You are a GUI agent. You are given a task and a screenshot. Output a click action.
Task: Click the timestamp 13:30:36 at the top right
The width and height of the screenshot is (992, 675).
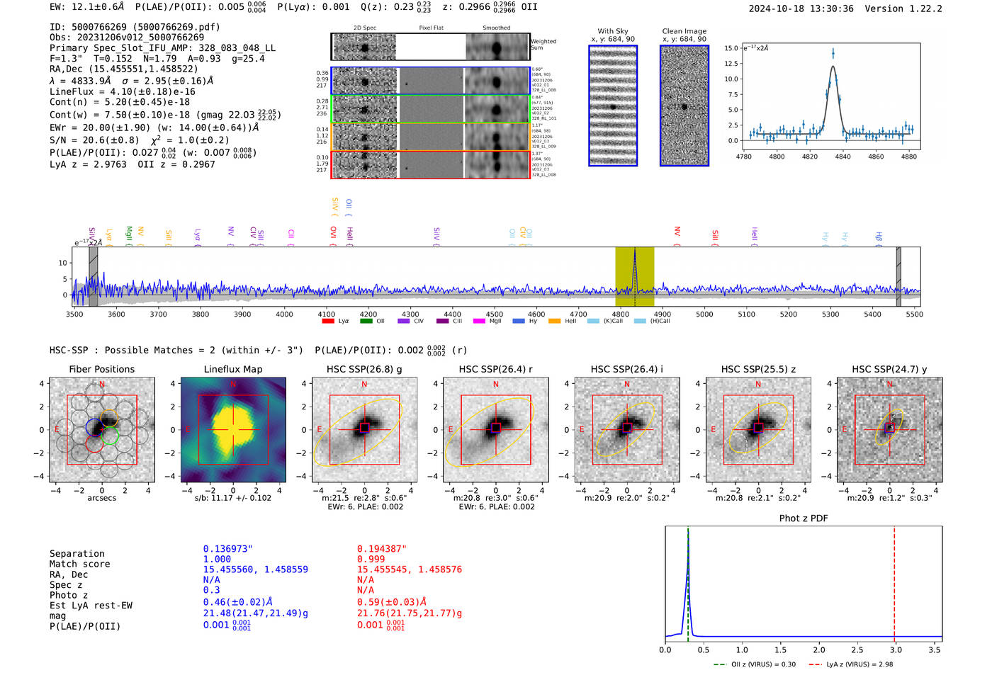(x=829, y=9)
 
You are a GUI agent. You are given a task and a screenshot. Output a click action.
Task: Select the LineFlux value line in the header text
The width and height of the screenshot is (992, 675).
(x=123, y=92)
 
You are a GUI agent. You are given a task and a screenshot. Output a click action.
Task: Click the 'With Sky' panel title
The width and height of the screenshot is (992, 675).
(x=612, y=31)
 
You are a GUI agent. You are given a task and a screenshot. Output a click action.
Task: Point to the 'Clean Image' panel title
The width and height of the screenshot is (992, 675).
(x=684, y=31)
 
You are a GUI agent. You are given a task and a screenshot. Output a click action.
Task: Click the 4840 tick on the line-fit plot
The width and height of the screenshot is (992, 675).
(x=842, y=157)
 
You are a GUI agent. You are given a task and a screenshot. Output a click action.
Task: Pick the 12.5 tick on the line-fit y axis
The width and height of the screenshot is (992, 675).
(x=731, y=64)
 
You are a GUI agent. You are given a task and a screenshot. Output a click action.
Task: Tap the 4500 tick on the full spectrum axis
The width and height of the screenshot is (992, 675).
(x=494, y=314)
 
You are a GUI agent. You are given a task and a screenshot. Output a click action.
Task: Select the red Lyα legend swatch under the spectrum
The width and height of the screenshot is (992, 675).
(x=328, y=322)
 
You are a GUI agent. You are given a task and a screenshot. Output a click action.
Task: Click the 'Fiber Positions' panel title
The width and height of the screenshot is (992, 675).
(x=101, y=369)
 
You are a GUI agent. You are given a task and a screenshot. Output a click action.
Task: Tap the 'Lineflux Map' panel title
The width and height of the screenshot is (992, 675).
(x=233, y=369)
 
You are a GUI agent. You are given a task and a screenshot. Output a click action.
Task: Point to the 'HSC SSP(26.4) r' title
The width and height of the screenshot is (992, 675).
(x=495, y=369)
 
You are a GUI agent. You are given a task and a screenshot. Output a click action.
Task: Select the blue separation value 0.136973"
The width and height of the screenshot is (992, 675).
(x=227, y=549)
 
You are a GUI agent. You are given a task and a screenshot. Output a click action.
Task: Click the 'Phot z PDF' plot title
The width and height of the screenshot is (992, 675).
(x=804, y=518)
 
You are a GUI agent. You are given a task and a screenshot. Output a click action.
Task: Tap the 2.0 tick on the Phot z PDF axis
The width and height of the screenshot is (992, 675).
(x=819, y=650)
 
